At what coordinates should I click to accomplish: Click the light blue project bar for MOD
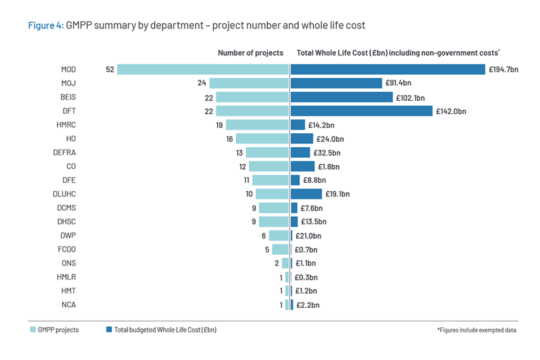[202, 69]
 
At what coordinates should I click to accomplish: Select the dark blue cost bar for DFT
[361, 111]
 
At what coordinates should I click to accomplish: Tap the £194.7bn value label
[503, 70]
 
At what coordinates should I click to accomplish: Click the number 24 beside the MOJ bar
[201, 83]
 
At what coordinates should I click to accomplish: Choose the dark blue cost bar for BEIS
[341, 97]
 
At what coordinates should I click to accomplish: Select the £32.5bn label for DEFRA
[327, 152]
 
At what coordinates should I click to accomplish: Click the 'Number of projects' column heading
[250, 53]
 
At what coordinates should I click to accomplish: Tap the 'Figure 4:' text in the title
[46, 25]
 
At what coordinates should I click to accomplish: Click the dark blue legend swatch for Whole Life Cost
[108, 330]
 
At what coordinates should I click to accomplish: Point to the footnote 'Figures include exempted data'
[476, 330]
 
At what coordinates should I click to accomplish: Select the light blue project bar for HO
[262, 138]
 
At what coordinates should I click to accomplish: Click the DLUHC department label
[64, 194]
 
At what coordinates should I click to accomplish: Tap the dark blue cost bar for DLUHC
[306, 194]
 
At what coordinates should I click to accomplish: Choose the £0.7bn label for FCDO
[306, 249]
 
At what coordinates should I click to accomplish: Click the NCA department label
[68, 305]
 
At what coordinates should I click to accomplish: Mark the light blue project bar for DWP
[278, 236]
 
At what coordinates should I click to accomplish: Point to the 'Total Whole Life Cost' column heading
[398, 53]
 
